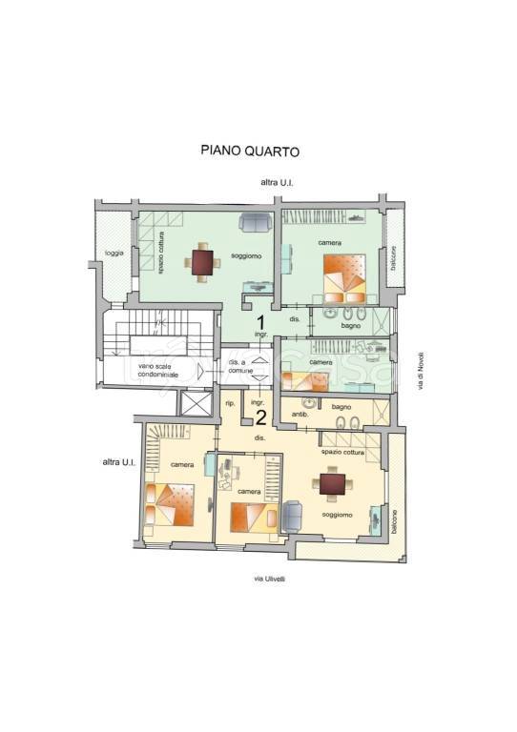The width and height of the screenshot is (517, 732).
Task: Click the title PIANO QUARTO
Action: [x=250, y=150]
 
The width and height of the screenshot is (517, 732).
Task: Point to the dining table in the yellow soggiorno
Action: [x=333, y=485]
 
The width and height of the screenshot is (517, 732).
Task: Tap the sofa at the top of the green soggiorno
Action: [x=255, y=223]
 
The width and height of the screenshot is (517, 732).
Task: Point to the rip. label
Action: [x=230, y=403]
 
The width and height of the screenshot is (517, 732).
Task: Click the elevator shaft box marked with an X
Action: [x=195, y=404]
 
